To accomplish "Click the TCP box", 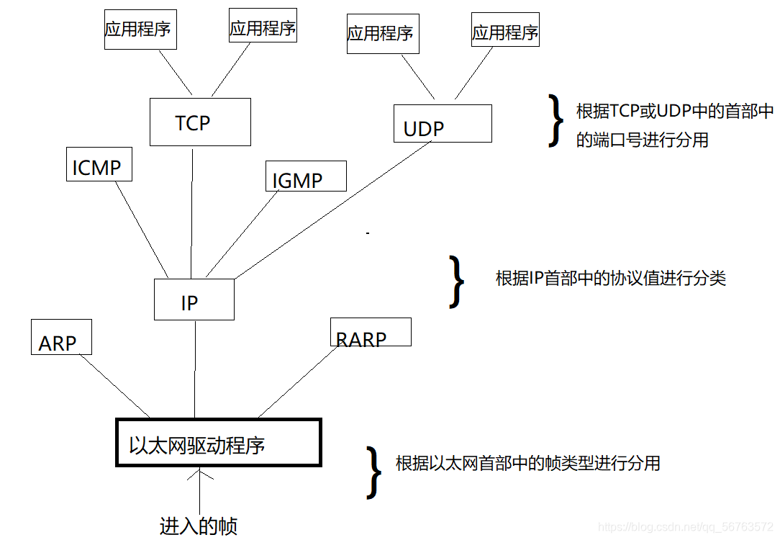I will click(x=200, y=122).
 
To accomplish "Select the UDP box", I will click(x=443, y=123).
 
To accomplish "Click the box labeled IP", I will click(x=194, y=300).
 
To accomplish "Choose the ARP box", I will click(x=61, y=338).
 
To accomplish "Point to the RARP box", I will click(x=370, y=332).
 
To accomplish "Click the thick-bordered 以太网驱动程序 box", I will click(x=218, y=443).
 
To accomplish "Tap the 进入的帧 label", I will click(x=198, y=526).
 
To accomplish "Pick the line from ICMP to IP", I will click(x=140, y=228).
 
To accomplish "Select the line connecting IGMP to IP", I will click(x=241, y=234).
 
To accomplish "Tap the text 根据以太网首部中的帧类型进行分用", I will click(x=527, y=463).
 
